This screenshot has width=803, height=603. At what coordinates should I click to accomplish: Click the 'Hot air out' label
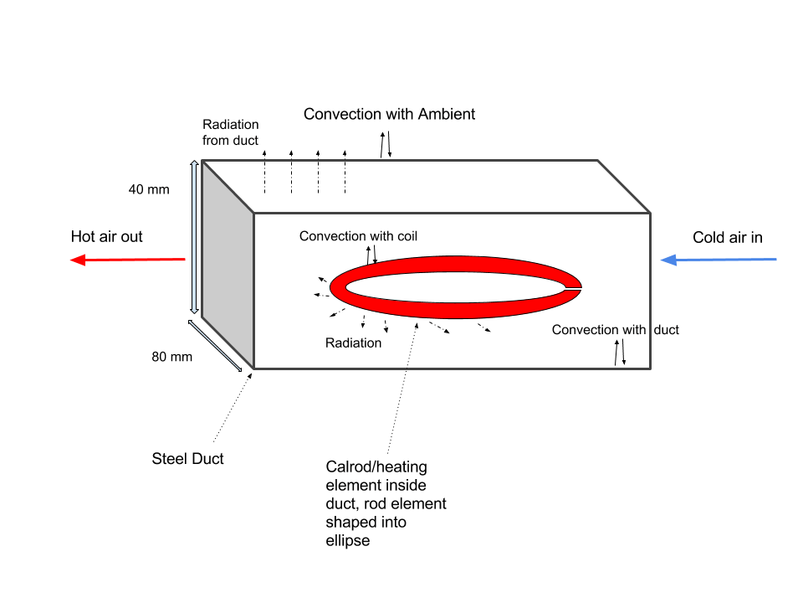(x=107, y=237)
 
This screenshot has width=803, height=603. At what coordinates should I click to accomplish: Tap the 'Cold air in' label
(x=728, y=238)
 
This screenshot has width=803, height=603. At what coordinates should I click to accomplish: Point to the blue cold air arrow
(x=719, y=260)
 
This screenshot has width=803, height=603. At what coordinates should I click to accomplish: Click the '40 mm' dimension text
(x=149, y=190)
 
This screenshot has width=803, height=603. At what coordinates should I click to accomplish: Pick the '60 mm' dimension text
(x=172, y=358)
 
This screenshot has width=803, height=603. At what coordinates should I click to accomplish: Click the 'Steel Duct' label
(x=188, y=459)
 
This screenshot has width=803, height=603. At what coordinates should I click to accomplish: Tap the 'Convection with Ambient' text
(x=389, y=114)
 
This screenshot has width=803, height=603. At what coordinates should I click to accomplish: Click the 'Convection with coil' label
(x=358, y=237)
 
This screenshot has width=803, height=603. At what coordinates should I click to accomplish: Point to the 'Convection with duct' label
(x=615, y=330)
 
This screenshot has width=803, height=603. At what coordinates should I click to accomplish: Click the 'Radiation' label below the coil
(x=353, y=343)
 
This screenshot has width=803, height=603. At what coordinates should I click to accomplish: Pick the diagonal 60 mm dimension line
(x=216, y=343)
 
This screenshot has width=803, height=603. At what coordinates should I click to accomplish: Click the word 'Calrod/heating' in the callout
(x=376, y=466)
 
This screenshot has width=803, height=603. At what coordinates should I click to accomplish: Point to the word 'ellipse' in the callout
(x=347, y=540)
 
